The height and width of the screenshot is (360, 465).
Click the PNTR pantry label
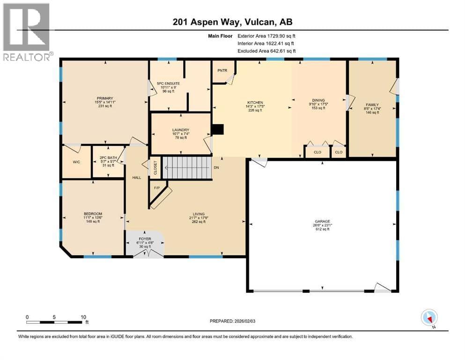point(222,71)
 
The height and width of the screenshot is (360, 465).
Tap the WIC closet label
point(76,162)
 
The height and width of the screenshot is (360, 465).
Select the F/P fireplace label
point(157,188)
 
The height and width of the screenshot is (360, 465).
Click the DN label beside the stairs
point(216,168)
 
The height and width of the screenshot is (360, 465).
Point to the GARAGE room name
point(322,221)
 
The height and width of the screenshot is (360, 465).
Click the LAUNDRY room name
point(181,130)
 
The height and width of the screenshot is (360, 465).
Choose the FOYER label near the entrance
point(145,239)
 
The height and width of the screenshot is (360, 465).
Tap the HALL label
point(137,178)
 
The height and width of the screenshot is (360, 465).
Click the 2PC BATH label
point(108,157)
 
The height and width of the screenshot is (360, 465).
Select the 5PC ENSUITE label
point(169,84)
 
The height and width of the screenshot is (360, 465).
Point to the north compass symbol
point(429,318)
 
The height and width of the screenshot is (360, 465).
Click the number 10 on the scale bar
point(83,317)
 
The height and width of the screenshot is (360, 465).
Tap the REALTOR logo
point(27,32)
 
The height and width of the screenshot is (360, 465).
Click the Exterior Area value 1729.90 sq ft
point(281,36)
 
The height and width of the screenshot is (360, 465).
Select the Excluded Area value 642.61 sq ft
point(283,51)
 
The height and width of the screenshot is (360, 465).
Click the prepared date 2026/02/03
point(245,321)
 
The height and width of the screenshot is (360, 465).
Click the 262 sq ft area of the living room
point(199,222)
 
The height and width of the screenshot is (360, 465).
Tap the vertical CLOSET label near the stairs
point(155,168)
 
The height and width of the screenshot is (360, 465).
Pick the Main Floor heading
point(221,36)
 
